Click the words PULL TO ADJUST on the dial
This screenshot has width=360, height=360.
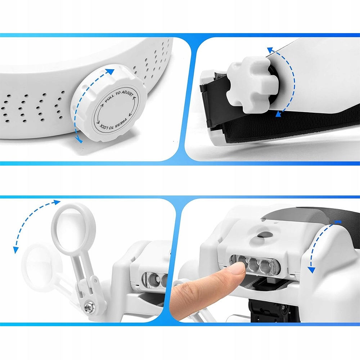point(118,96)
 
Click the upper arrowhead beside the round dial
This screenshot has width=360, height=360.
point(111,72)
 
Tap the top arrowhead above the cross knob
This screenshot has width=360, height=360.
point(270,50)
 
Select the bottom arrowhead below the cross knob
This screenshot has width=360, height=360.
point(279,114)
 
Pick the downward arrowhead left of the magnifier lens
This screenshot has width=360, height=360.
point(15,250)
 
